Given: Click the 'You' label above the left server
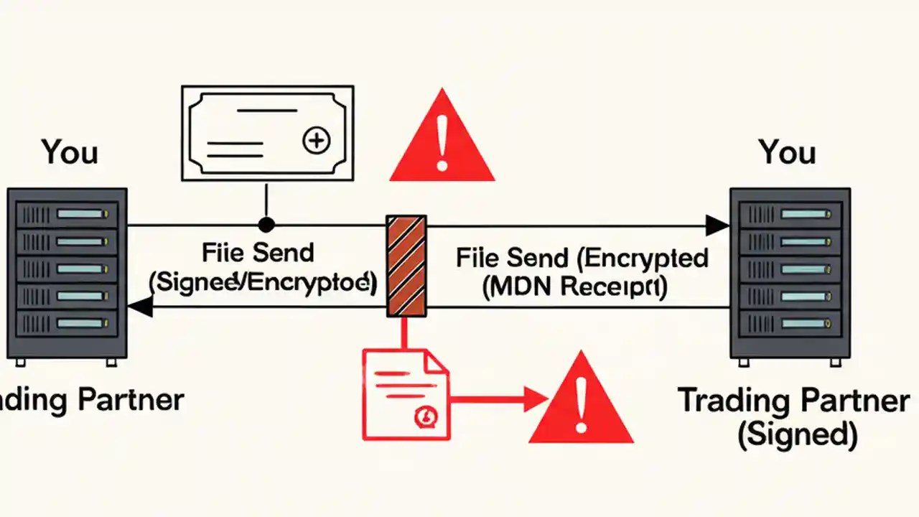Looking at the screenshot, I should [x=70, y=152].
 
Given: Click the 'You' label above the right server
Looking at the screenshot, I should [x=788, y=152].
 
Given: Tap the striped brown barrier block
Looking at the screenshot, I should [x=406, y=266].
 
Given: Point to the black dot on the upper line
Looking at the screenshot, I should [x=266, y=225].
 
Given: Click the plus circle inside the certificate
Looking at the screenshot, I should [x=316, y=141].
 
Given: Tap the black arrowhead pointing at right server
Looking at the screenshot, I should [x=717, y=225].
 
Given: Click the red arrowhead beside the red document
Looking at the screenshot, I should [x=535, y=399].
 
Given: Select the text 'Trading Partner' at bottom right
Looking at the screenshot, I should [x=793, y=401].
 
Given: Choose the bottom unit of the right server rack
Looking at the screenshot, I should [x=790, y=322].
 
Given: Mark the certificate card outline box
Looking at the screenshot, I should [x=267, y=133].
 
